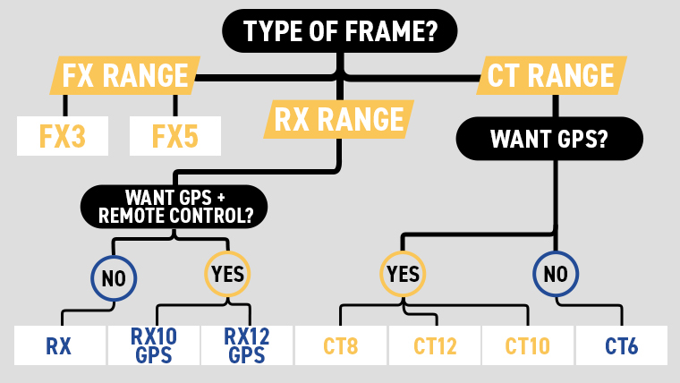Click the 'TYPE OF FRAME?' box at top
(339, 33)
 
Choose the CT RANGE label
(551, 76)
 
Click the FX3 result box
(63, 136)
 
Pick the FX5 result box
(175, 136)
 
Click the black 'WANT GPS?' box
(549, 139)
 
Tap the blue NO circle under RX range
(113, 277)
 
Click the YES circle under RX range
(229, 275)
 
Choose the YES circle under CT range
(404, 275)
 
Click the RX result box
(59, 345)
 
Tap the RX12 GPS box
(245, 345)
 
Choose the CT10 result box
(527, 345)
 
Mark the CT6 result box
(621, 345)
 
